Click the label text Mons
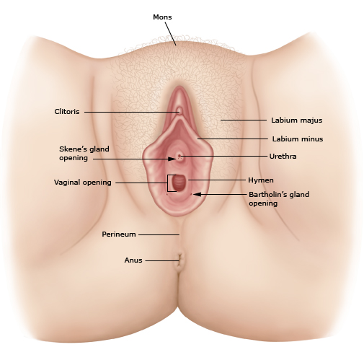tap(162, 17)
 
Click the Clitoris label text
tap(67, 112)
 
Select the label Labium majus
tap(297, 120)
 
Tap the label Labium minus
tap(298, 139)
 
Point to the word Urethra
tap(283, 157)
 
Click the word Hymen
tap(261, 180)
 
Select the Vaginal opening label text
tap(83, 183)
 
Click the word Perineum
tap(119, 234)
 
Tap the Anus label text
tap(133, 260)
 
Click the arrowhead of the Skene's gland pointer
tap(172, 159)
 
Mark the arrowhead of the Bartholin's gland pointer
tap(197, 194)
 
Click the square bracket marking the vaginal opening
tap(168, 183)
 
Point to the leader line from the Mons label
tap(171, 34)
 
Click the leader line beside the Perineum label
tap(159, 234)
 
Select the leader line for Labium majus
tap(244, 120)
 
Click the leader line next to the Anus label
tap(162, 260)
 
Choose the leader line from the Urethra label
tap(223, 156)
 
